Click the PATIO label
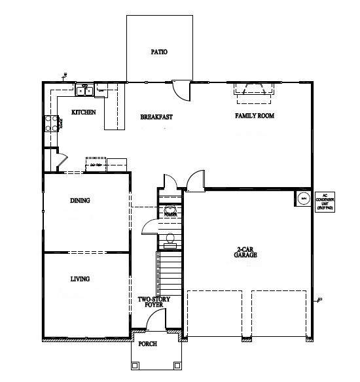coord(159,52)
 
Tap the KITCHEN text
coord(84,113)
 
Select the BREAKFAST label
coord(156,117)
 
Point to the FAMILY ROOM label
coord(255,116)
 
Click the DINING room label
coord(79,201)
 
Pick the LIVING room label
coord(79,279)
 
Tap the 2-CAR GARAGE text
coord(246,252)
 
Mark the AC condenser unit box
coord(325,200)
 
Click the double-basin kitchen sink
coord(84,90)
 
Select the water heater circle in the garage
coord(303,198)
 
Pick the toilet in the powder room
coord(170,239)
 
